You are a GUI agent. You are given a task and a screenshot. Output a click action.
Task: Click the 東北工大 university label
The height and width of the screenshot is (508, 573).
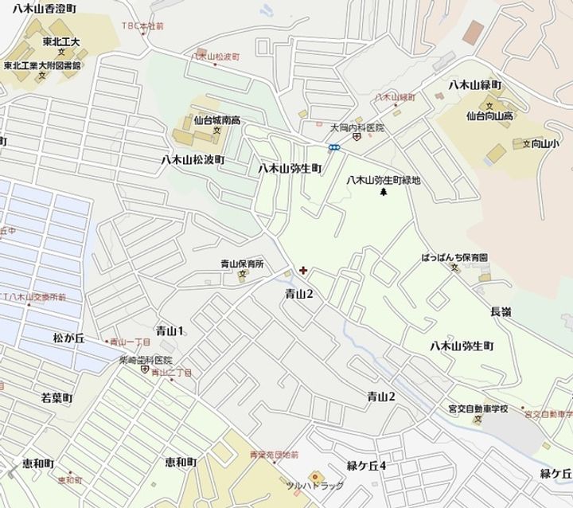[x=61, y=41]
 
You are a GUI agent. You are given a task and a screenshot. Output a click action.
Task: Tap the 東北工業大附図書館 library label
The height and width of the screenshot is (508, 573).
[x=42, y=66]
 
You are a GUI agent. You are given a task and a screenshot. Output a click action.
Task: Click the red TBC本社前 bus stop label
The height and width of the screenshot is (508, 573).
[x=142, y=25]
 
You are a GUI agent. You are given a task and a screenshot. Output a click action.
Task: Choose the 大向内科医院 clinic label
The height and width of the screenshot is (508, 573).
[x=357, y=127]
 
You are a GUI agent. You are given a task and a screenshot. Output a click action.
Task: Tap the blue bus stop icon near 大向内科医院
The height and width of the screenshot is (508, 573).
[x=335, y=147]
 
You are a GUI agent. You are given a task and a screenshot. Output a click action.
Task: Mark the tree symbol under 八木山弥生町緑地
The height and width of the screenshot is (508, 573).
[x=384, y=193]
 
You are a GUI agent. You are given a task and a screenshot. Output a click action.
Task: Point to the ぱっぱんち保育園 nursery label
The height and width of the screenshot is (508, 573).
[x=454, y=258]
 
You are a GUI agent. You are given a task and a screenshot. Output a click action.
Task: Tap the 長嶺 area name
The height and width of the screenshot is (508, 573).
[x=501, y=311]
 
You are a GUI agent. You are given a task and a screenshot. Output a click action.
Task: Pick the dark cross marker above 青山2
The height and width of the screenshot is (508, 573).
[x=302, y=272]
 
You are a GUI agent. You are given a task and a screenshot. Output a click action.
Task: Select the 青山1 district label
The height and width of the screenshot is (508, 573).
[x=170, y=330]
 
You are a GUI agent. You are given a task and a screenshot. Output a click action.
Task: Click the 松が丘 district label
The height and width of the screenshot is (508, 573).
[x=68, y=338]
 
